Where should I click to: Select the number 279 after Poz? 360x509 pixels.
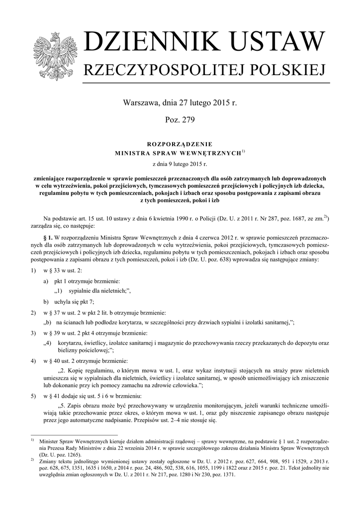click(x=187, y=120)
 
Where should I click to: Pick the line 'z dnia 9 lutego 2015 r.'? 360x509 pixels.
click(x=180, y=163)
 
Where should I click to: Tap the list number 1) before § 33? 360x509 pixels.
click(x=33, y=270)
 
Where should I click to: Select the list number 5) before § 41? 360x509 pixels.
click(x=33, y=396)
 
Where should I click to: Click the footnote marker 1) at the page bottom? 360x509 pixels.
click(x=32, y=440)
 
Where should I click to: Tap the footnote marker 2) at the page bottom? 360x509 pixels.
click(x=32, y=460)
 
